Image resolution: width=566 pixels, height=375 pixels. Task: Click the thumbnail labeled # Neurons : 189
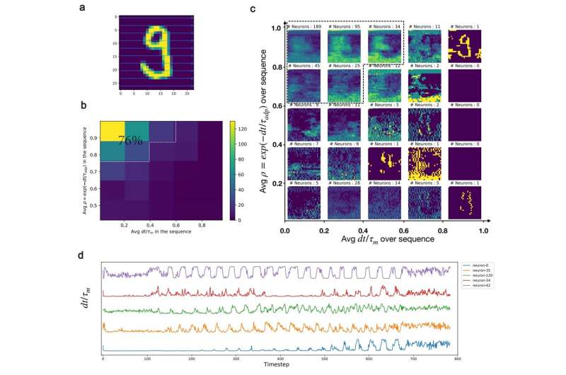pyautogui.click(x=304, y=47)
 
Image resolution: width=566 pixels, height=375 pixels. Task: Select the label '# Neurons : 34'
pyautogui.click(x=383, y=27)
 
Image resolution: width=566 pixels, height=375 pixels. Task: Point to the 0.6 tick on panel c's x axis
pyautogui.click(x=404, y=231)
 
